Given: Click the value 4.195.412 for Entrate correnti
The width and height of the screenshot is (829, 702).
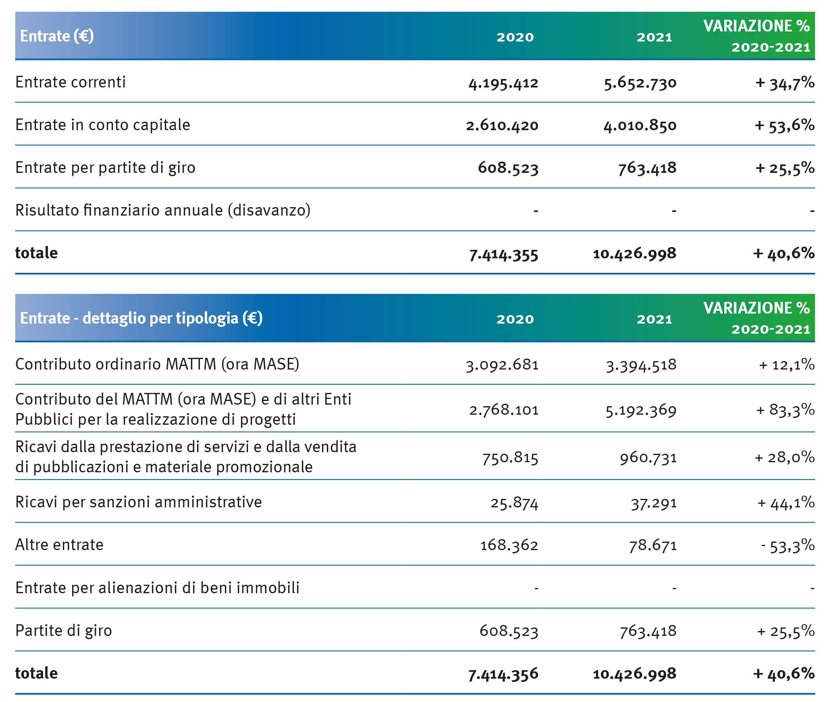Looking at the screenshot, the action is click(503, 83).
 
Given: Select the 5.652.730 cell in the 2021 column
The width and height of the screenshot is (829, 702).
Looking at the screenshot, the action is click(640, 83).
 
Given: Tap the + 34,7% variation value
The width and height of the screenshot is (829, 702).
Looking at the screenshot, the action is click(785, 83).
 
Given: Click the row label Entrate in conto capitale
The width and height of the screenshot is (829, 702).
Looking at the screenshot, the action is click(103, 125).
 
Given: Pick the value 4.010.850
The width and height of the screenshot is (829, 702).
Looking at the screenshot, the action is click(640, 126).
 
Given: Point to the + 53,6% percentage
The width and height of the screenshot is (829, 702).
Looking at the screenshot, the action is click(785, 125).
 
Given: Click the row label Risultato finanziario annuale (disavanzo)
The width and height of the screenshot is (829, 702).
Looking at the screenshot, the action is click(163, 210).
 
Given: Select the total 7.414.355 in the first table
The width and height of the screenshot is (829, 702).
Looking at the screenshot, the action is click(504, 254).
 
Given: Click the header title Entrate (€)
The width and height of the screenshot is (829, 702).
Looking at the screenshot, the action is click(57, 36).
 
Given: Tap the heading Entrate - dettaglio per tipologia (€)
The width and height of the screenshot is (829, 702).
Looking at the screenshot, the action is click(141, 318).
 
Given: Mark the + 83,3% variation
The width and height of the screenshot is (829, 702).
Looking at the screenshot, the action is click(785, 410).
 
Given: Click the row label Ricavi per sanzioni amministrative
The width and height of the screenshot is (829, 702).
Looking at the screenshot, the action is click(139, 502).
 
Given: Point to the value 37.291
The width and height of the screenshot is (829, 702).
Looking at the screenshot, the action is click(654, 503).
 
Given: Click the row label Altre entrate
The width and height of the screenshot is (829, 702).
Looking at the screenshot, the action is click(60, 545).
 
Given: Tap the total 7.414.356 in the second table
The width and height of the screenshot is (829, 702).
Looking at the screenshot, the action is click(503, 674).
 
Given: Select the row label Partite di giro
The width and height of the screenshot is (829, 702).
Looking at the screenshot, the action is click(64, 631).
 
